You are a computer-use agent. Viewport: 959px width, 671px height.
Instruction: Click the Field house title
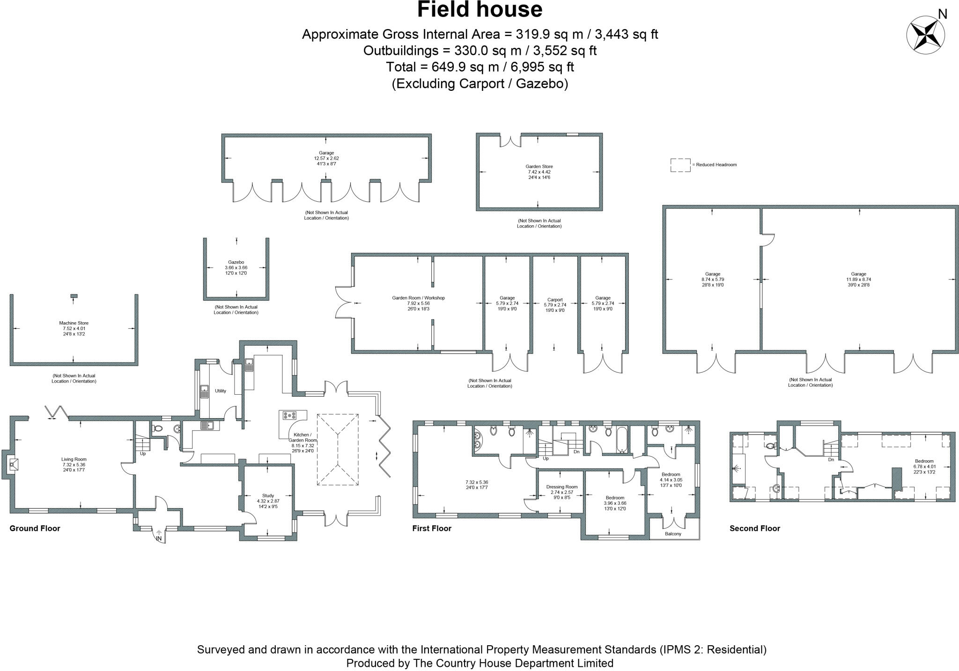tap(479, 10)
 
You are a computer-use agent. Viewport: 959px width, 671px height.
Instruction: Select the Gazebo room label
tap(236, 262)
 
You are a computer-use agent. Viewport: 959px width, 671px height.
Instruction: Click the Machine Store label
tap(74, 323)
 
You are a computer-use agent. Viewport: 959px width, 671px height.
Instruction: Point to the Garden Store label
tap(539, 166)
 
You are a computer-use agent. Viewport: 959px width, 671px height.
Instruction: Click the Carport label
tap(555, 300)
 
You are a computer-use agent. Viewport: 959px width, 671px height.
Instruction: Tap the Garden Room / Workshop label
tap(418, 298)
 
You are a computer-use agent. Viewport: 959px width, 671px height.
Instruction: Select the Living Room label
tap(74, 459)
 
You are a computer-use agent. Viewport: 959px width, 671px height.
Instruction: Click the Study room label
tap(268, 495)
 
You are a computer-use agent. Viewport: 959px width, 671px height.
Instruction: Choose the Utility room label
tap(220, 391)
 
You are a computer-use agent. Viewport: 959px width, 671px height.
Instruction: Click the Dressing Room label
tap(562, 487)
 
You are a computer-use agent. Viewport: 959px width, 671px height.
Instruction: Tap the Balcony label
tap(673, 534)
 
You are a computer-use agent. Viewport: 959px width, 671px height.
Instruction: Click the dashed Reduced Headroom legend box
tap(680, 165)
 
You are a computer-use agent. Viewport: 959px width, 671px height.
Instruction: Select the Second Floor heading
tap(754, 528)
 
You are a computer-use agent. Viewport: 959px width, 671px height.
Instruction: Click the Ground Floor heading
tap(35, 528)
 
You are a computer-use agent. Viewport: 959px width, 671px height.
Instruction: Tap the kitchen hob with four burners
tap(289, 415)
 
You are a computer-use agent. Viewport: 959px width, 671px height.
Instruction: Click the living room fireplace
tap(13, 465)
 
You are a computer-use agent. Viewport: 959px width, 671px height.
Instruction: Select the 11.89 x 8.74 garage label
tap(858, 274)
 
